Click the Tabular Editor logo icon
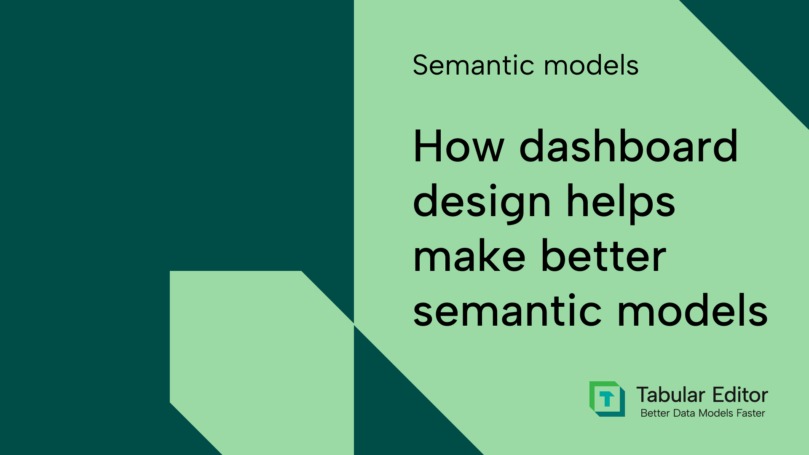pyautogui.click(x=607, y=399)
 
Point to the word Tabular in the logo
pyautogui.click(x=670, y=395)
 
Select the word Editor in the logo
pyautogui.click(x=740, y=395)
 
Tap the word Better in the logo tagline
pyautogui.click(x=655, y=413)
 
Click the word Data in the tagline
pyautogui.click(x=684, y=413)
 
